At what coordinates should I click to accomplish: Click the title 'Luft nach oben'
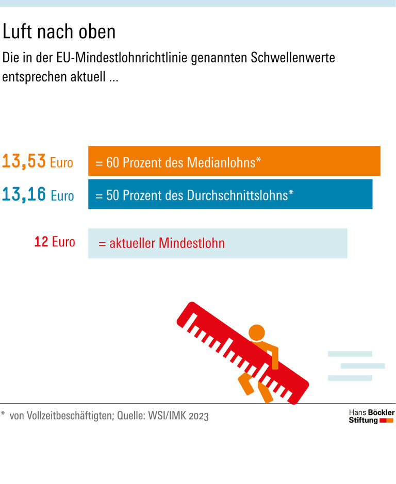point(59,32)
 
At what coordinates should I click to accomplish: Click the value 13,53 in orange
point(24,162)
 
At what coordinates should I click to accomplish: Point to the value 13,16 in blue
point(24,195)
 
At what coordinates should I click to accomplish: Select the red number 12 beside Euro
point(41,241)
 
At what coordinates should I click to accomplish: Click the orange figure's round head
point(256,333)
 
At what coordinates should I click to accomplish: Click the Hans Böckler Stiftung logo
point(371,416)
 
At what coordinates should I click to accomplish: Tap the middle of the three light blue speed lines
point(362,366)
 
